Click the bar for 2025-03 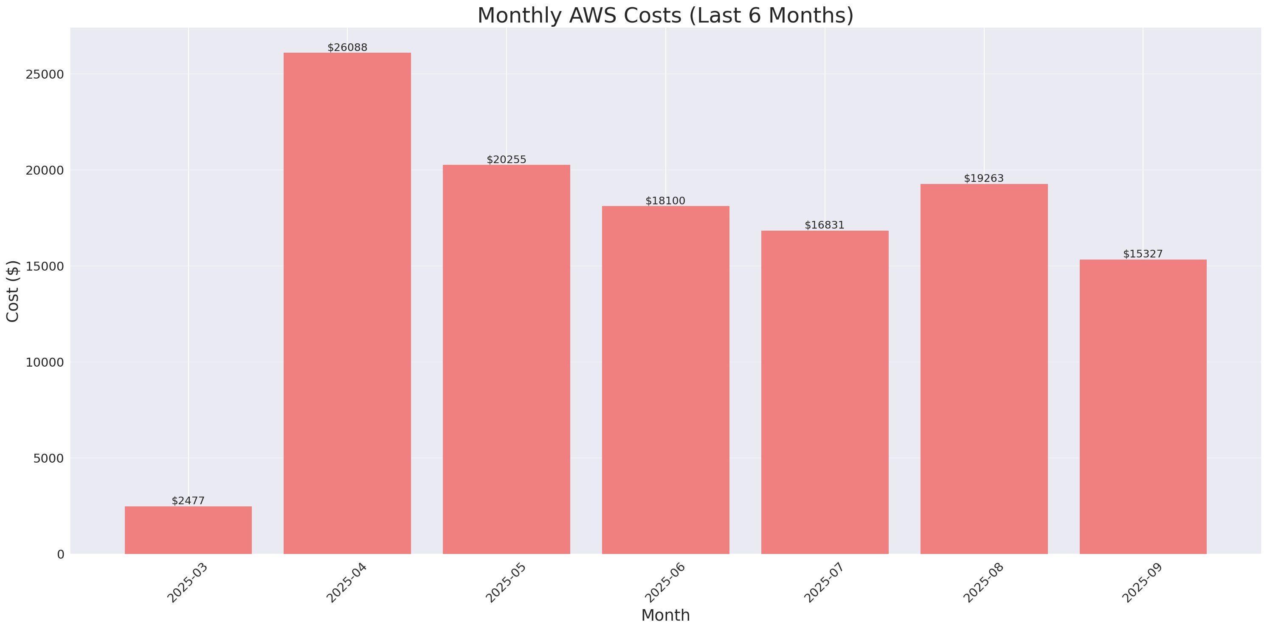[188, 530]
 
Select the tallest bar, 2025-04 [347, 303]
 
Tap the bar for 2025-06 [665, 380]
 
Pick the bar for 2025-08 [984, 369]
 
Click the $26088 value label [347, 47]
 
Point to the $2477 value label [188, 500]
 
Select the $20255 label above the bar [506, 159]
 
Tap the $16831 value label [824, 225]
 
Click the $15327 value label [1143, 254]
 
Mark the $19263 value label [984, 178]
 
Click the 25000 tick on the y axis [45, 74]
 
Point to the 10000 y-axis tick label [45, 362]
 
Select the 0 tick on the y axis [60, 555]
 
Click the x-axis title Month [665, 615]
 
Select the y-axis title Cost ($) [12, 291]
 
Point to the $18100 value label [665, 201]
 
